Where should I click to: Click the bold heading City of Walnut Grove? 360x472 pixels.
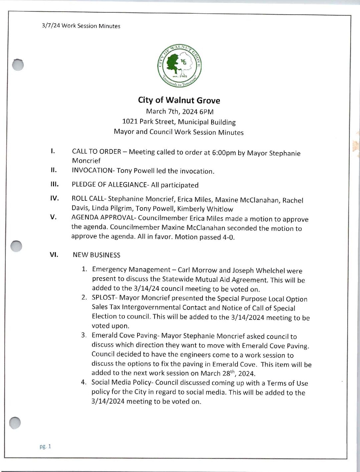click(x=179, y=100)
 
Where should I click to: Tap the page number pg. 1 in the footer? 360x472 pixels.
click(x=45, y=446)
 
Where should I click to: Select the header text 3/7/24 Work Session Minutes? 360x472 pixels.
click(x=81, y=26)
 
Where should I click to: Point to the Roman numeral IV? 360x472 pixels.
click(x=54, y=198)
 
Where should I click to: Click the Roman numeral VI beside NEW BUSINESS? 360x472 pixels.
click(x=54, y=255)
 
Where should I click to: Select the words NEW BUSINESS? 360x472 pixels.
click(x=96, y=255)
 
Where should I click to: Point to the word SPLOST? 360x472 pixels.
click(x=103, y=298)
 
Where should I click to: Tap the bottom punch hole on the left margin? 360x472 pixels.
click(x=15, y=423)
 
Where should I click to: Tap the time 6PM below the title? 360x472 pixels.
click(x=207, y=112)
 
